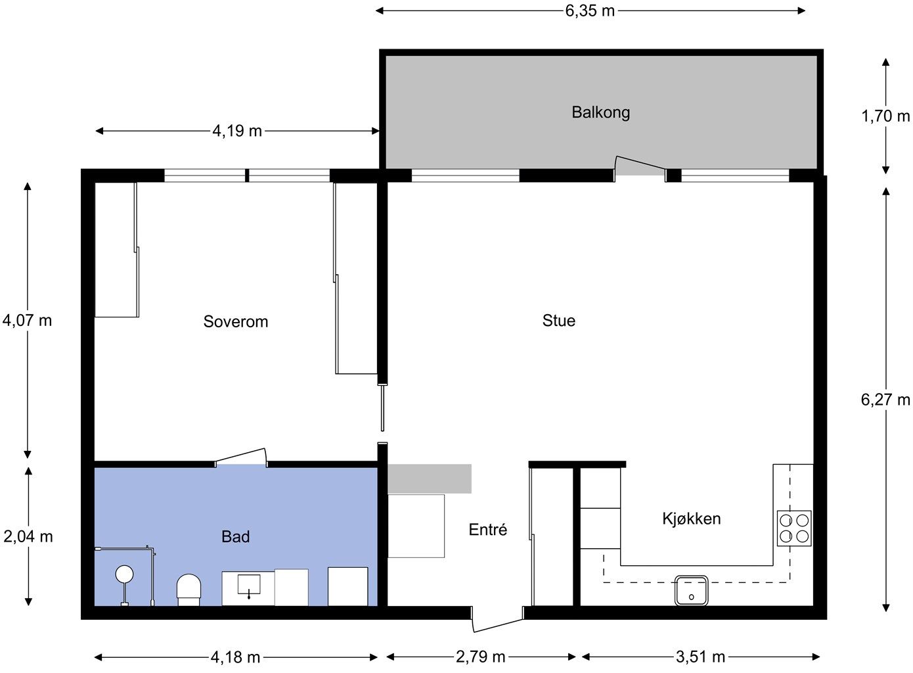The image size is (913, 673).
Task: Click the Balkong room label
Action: [601, 112]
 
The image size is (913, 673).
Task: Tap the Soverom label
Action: [236, 322]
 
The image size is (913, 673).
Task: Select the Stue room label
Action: [559, 321]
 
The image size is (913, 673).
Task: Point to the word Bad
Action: [236, 537]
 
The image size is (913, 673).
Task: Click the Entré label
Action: [488, 530]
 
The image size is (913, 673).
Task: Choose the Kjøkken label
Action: [692, 519]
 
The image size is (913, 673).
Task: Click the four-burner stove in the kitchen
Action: [794, 528]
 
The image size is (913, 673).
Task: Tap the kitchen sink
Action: [691, 591]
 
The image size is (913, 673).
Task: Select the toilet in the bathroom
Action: [189, 590]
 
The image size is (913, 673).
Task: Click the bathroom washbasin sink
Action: [249, 584]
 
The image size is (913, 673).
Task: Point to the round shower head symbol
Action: [124, 574]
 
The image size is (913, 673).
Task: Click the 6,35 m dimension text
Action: [590, 11]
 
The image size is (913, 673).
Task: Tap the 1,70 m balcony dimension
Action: [885, 116]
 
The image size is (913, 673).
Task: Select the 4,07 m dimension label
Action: [27, 321]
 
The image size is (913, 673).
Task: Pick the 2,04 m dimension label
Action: [28, 537]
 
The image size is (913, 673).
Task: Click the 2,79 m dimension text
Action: [481, 657]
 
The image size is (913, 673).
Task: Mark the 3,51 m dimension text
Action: [701, 657]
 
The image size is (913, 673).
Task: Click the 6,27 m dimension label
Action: [885, 400]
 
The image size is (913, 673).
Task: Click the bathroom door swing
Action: [241, 456]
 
